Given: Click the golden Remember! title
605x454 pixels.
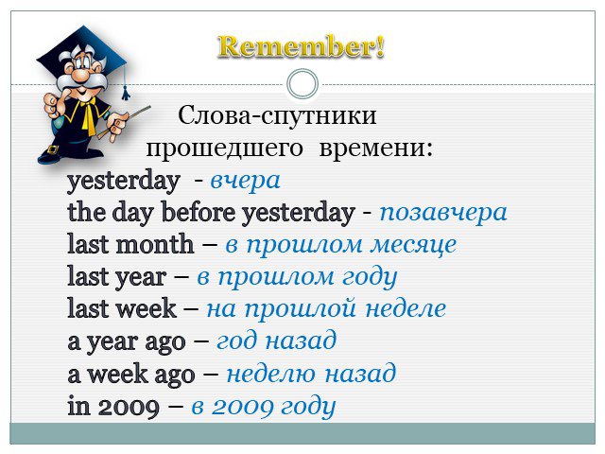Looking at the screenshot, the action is pyautogui.click(x=301, y=47).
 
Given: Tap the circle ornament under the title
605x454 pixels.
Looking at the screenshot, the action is pyautogui.click(x=302, y=69).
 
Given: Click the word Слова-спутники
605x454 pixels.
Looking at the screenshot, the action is pyautogui.click(x=277, y=115).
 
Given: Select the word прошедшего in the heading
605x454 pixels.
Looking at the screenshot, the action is pyautogui.click(x=224, y=148).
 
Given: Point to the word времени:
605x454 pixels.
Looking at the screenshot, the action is pyautogui.click(x=376, y=148).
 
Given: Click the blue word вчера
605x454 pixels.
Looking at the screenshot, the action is pyautogui.click(x=245, y=181).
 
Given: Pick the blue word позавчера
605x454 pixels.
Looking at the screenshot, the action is pyautogui.click(x=443, y=213).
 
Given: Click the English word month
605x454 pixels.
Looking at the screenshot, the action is pyautogui.click(x=155, y=244).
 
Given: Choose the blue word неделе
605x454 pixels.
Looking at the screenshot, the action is pyautogui.click(x=406, y=309).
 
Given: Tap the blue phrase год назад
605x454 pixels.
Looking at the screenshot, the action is pyautogui.click(x=276, y=341).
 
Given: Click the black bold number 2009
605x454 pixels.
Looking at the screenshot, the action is pyautogui.click(x=129, y=407).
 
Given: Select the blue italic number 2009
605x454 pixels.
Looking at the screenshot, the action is pyautogui.click(x=242, y=407).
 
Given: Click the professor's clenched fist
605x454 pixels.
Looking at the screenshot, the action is pyautogui.click(x=52, y=105).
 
